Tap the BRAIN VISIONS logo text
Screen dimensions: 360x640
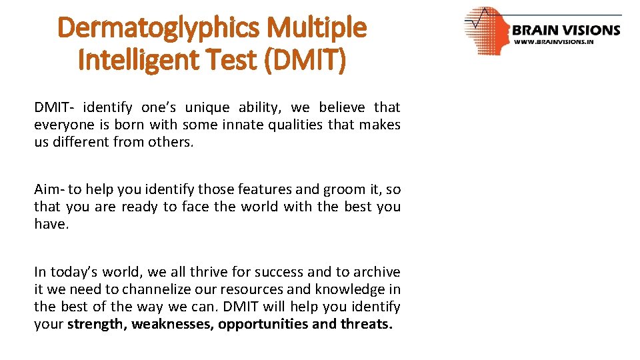tap(566, 30)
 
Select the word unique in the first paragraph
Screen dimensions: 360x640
tap(209, 107)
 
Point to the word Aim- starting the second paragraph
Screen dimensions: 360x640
tap(48, 189)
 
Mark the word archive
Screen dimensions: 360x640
tap(377, 272)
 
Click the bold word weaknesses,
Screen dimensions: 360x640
tap(173, 324)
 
